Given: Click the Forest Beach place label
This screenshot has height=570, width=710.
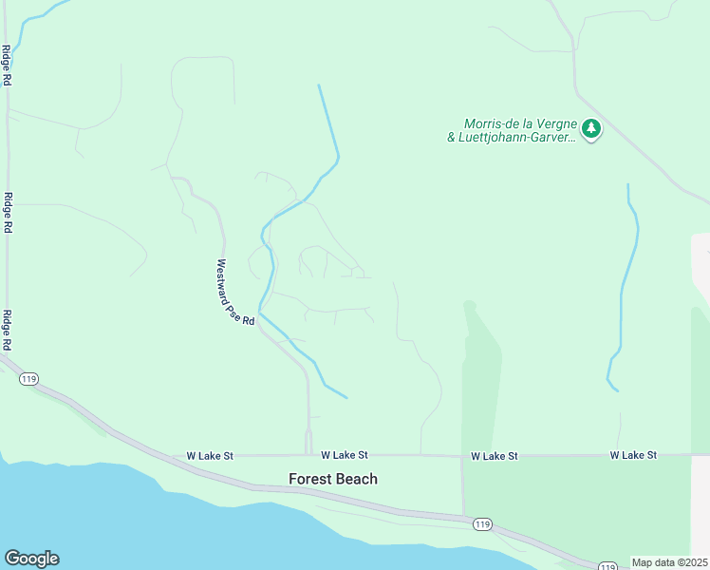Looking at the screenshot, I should click(x=333, y=479).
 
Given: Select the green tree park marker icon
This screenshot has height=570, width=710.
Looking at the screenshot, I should click(x=591, y=128).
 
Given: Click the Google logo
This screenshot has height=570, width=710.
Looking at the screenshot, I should click(x=31, y=559).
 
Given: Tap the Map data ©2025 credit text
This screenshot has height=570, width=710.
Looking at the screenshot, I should click(x=669, y=562).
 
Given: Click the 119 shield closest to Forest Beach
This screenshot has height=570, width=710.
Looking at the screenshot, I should click(x=482, y=523).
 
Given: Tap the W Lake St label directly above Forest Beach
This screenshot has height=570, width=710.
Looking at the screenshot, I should click(x=344, y=456).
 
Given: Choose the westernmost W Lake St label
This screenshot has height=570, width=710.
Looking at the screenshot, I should click(x=210, y=456).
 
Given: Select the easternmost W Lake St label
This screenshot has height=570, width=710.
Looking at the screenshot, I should click(x=633, y=456).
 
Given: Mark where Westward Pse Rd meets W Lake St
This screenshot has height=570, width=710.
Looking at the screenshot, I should click(x=308, y=454).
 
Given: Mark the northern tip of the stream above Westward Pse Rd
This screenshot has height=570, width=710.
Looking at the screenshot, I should click(x=319, y=85).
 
